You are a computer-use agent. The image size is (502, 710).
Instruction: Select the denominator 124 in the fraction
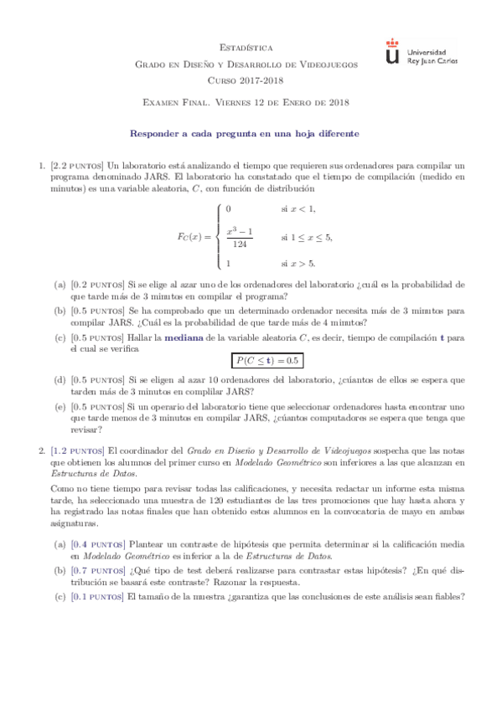(241, 244)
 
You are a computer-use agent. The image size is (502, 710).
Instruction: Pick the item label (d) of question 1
(60, 379)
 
